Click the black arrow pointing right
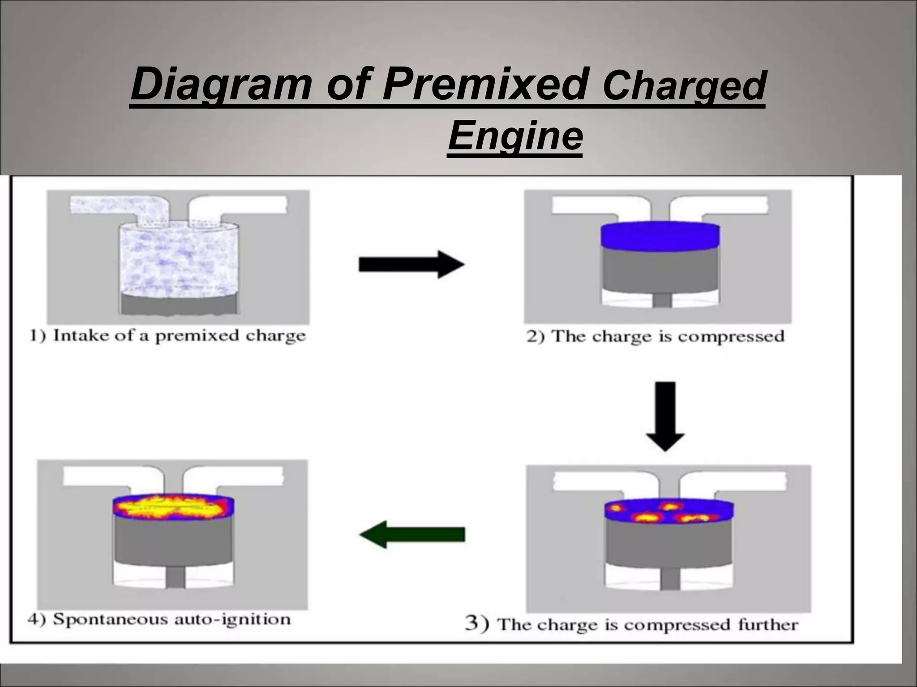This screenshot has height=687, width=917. tap(411, 264)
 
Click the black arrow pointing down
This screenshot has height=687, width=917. tap(665, 416)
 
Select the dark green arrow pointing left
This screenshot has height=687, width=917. tap(412, 534)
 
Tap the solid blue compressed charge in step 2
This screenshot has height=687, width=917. tap(660, 236)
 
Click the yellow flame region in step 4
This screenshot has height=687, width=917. tap(172, 507)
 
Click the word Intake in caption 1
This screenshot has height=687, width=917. tap(80, 335)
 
